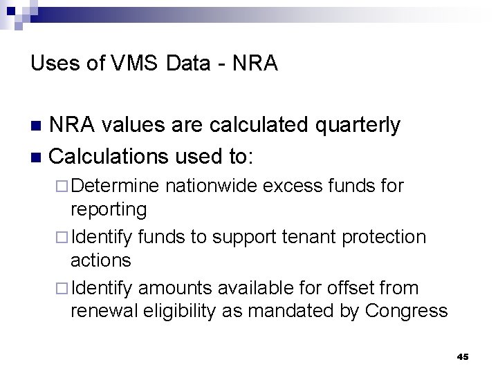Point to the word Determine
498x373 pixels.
(x=115, y=186)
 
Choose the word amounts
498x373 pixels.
(x=176, y=288)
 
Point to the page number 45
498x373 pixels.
(x=463, y=356)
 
